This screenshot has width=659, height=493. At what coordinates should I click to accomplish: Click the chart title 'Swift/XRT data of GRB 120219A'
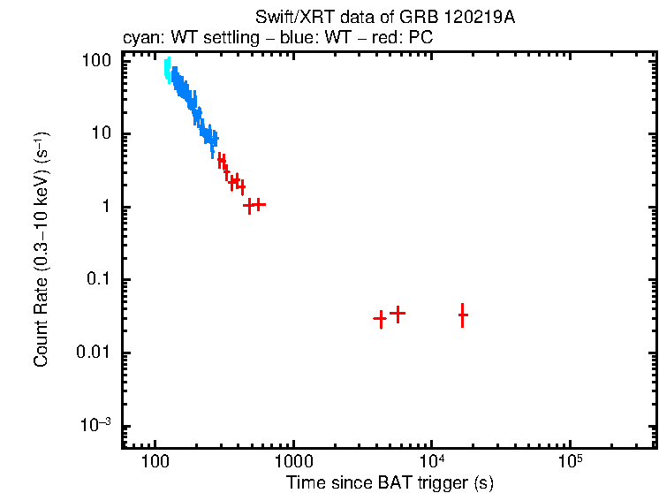point(384,19)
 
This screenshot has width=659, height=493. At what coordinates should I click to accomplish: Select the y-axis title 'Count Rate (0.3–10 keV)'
point(42,250)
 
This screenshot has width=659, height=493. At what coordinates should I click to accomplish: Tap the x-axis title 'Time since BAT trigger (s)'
point(390,482)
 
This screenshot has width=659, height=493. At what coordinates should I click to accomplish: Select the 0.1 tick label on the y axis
point(99,280)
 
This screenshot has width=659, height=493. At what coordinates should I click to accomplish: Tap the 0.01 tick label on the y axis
point(95,353)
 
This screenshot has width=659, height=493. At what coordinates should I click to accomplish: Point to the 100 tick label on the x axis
point(155,463)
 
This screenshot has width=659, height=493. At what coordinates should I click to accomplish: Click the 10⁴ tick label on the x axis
point(431,461)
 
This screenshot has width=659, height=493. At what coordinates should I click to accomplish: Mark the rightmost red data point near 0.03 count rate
point(462,315)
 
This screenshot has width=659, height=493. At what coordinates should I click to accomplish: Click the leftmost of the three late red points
point(380,318)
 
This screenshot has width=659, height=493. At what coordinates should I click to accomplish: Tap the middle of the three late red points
point(398,313)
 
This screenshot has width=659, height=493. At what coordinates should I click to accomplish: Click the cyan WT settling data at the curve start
point(167,71)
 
